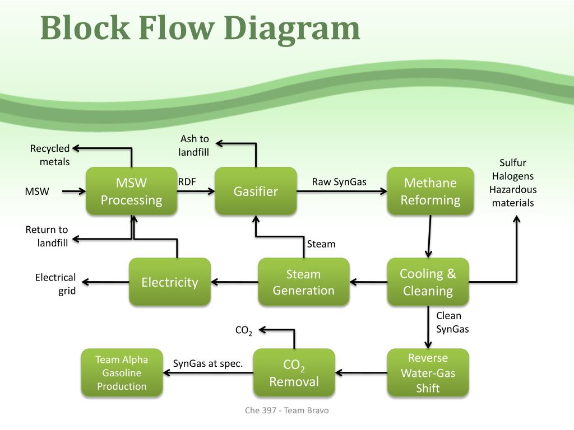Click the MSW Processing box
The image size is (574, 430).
point(131,191)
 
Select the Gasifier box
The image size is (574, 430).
point(256,191)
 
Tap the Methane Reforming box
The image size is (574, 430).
point(430,191)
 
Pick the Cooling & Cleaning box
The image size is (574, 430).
point(428,282)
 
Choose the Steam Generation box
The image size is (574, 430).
point(303,282)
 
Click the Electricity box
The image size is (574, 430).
point(170,282)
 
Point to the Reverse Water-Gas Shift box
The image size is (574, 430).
point(428,372)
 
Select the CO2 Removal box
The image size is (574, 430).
point(294,372)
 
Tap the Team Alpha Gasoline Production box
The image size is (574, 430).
point(122,372)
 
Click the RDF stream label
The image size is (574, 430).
point(187,182)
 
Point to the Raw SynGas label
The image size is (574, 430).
point(339,182)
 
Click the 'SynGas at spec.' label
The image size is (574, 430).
point(208,363)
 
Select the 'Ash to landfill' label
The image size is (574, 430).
point(193,145)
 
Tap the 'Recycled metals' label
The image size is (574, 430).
point(50,155)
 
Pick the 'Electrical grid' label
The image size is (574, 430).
point(55,284)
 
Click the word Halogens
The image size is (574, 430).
point(513,176)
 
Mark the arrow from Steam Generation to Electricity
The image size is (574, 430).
point(234,282)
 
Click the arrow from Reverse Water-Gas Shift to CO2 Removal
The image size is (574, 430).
point(361,372)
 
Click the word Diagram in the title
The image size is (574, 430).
point(291,29)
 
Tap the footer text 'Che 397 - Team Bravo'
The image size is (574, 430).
point(286,410)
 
